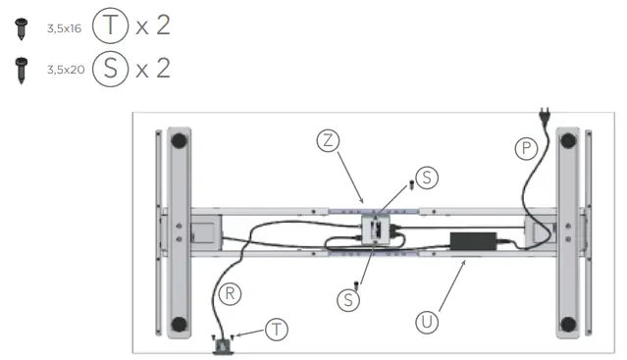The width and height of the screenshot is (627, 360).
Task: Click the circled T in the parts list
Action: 110,26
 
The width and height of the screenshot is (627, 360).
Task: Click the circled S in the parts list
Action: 110,69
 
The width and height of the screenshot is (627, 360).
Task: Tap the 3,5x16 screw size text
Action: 64,28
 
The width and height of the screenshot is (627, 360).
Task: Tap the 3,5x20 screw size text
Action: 66,70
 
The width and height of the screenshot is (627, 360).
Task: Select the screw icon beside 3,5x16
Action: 22,28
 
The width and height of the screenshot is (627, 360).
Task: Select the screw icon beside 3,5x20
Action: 22,71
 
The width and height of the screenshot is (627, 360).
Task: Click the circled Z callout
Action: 328,140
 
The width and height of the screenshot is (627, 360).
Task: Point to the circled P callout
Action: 526,149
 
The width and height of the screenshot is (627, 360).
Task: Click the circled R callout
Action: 230,294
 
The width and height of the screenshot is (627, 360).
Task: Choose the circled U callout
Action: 427,322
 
